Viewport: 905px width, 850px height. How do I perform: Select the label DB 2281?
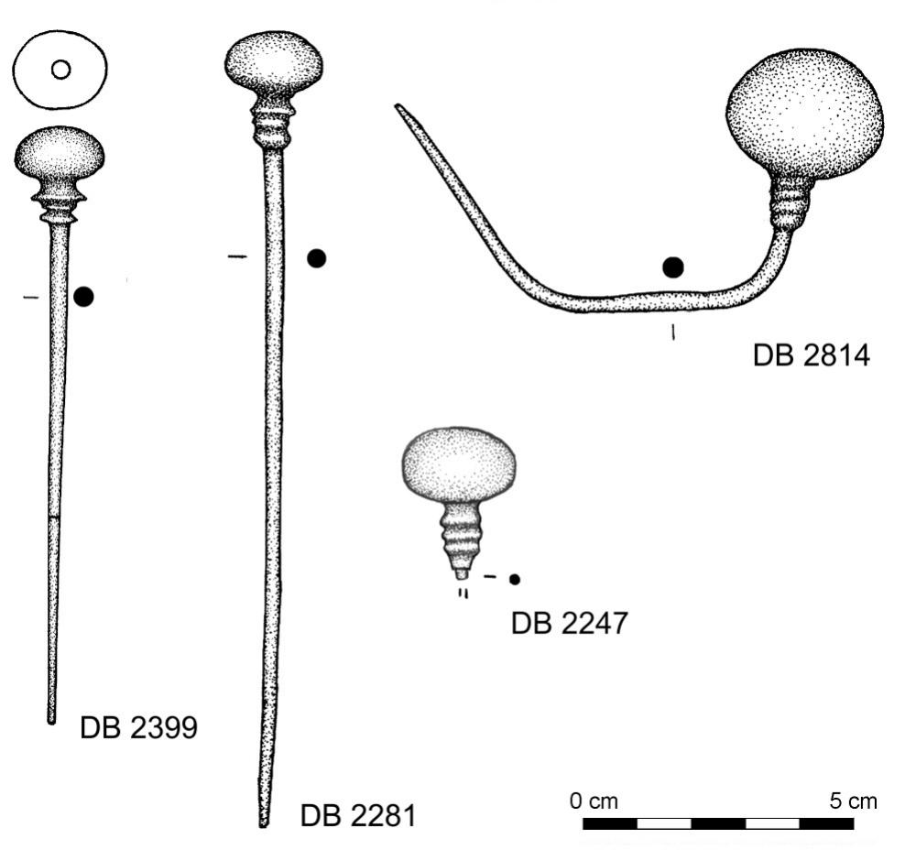pyautogui.click(x=357, y=812)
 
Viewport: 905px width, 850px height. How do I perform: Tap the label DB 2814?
pyautogui.click(x=810, y=354)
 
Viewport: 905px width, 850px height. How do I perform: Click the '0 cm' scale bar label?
pyautogui.click(x=594, y=801)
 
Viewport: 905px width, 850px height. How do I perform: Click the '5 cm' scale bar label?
pyautogui.click(x=852, y=801)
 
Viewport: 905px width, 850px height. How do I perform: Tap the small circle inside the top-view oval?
pyautogui.click(x=60, y=70)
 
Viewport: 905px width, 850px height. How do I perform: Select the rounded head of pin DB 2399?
pyautogui.click(x=60, y=153)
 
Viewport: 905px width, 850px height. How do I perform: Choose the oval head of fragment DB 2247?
pyautogui.click(x=458, y=463)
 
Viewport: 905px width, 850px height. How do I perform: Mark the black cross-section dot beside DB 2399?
pyautogui.click(x=83, y=296)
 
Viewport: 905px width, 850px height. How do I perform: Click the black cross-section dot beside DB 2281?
pyautogui.click(x=316, y=258)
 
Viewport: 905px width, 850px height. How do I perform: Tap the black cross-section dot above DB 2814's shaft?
pyautogui.click(x=673, y=267)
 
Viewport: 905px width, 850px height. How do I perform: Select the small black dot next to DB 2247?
pyautogui.click(x=515, y=579)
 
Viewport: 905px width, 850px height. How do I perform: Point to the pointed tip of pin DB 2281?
pyautogui.click(x=263, y=823)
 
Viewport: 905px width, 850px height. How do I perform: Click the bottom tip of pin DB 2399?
pyautogui.click(x=51, y=719)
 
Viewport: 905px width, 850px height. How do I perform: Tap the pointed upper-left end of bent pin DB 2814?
pyautogui.click(x=399, y=108)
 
